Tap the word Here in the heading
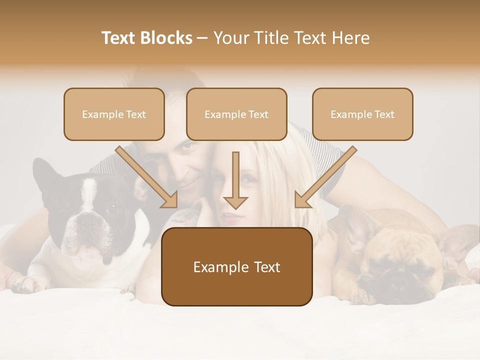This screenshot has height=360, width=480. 352,38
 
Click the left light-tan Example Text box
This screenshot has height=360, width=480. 114,114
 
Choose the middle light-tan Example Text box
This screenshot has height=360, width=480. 236,114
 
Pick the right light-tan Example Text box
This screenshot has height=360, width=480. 362,114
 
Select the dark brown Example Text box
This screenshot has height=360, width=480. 236,266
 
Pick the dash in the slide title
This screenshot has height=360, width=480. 202,38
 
